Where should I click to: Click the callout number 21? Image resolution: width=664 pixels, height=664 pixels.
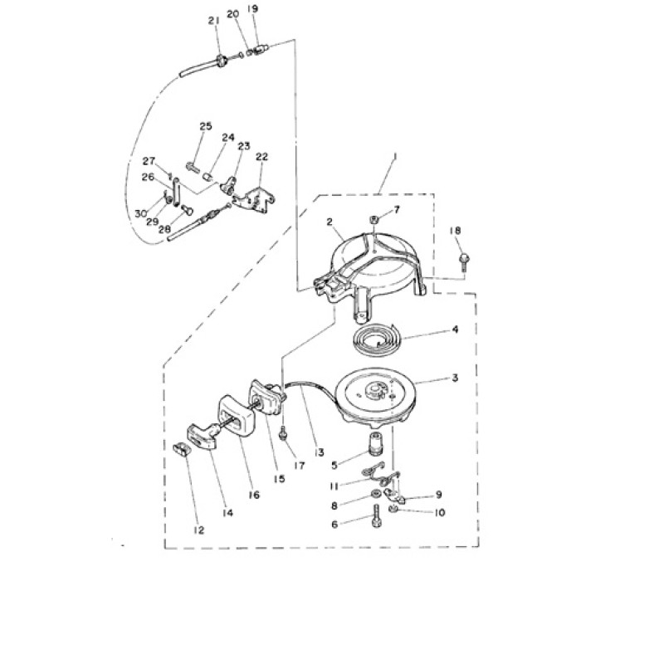coord(214,20)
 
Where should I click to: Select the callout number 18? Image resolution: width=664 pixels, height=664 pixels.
coord(455,231)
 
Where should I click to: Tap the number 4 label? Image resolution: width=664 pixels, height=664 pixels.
coord(455,329)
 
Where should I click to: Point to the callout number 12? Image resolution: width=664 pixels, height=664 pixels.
coord(198,530)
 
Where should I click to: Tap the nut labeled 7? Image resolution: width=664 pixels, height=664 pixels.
coord(374,220)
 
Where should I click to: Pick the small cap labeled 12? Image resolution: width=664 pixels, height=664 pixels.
coord(180,449)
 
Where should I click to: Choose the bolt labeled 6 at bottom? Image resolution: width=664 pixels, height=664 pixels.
coord(377,517)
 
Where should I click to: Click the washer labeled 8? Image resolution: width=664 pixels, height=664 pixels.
coord(375,494)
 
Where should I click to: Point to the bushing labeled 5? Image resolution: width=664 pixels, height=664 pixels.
coord(375,443)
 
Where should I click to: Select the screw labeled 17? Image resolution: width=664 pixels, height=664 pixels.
coord(283,433)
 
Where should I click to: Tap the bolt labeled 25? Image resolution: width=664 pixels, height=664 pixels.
coord(193,166)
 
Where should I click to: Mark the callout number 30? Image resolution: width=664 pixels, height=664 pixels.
coord(141,213)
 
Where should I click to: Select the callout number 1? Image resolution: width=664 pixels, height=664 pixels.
coord(395,156)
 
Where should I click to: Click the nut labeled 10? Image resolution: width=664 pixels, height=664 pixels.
coord(393,508)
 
